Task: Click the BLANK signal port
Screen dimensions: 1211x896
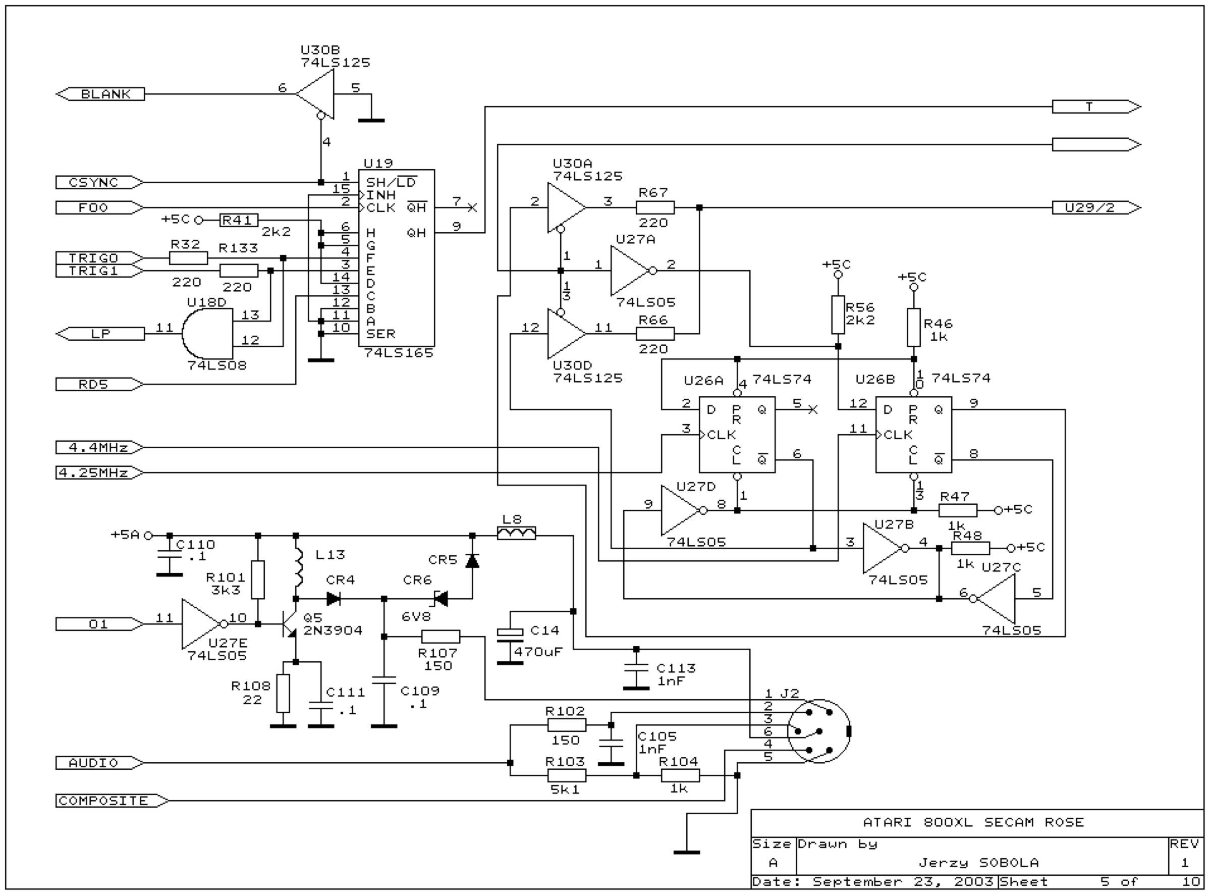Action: click(100, 94)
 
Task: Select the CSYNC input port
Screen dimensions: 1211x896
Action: click(100, 182)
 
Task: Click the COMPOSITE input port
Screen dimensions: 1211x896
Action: click(112, 801)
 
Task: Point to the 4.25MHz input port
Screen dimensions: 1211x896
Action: click(100, 473)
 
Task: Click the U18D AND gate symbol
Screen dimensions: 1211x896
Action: click(207, 334)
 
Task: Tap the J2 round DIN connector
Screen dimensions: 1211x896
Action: click(818, 731)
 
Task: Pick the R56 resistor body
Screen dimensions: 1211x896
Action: click(838, 314)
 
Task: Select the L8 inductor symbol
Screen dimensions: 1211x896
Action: click(517, 534)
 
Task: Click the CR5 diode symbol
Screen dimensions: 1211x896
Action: click(472, 561)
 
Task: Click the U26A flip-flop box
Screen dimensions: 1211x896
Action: click(737, 435)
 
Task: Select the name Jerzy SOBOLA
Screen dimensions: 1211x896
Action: click(979, 862)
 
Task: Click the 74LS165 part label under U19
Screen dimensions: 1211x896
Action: click(399, 353)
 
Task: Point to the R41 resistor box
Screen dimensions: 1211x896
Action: click(239, 220)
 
